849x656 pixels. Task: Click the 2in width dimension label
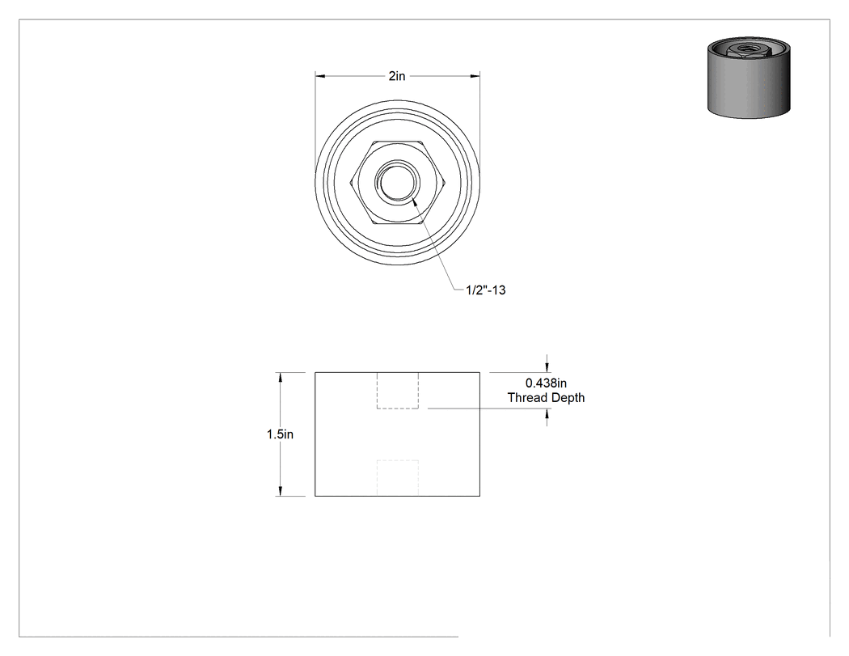(x=397, y=76)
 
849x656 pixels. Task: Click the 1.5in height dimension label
(x=280, y=434)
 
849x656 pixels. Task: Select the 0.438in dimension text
(x=546, y=383)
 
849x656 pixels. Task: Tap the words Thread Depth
(x=546, y=398)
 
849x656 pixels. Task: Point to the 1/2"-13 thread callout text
(x=486, y=290)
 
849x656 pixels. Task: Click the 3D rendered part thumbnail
(x=748, y=78)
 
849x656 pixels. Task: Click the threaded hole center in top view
(x=398, y=183)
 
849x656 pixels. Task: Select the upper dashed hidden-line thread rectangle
(x=398, y=391)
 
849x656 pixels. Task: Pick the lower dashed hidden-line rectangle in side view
(x=398, y=478)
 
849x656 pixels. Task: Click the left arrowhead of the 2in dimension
(x=320, y=76)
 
